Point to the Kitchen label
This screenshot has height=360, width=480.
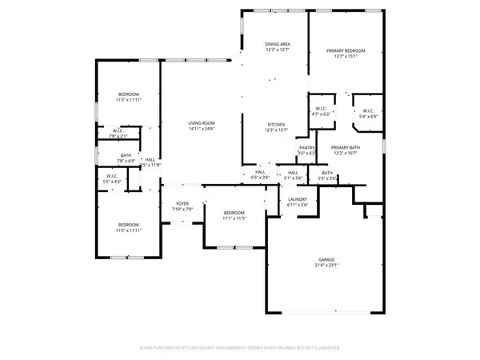275,125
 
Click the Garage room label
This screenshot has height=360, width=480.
324,260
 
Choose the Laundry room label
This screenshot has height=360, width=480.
297,200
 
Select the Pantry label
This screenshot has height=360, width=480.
306,147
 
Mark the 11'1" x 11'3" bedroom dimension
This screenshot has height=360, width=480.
234,218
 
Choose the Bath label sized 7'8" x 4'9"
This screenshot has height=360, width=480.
126,155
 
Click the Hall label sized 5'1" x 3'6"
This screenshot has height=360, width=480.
293,172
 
